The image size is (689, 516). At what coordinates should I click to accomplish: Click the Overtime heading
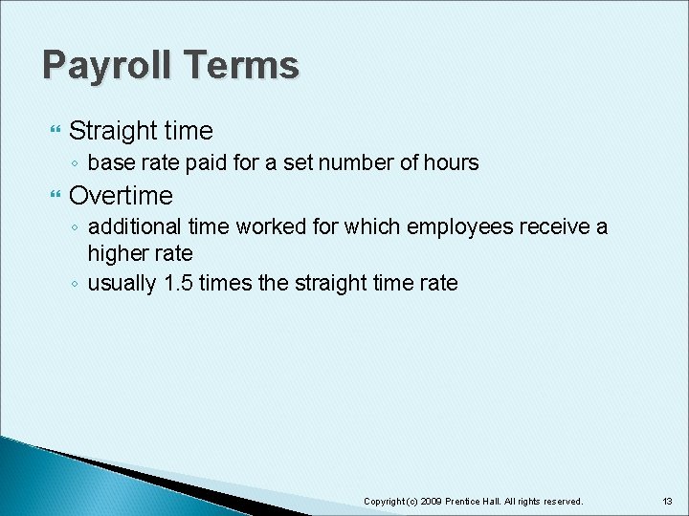121,196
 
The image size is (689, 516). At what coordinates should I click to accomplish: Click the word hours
450,163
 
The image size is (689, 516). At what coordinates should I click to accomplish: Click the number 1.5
177,284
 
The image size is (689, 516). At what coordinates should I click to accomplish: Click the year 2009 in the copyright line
430,502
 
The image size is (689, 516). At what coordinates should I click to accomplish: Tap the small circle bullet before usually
75,285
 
